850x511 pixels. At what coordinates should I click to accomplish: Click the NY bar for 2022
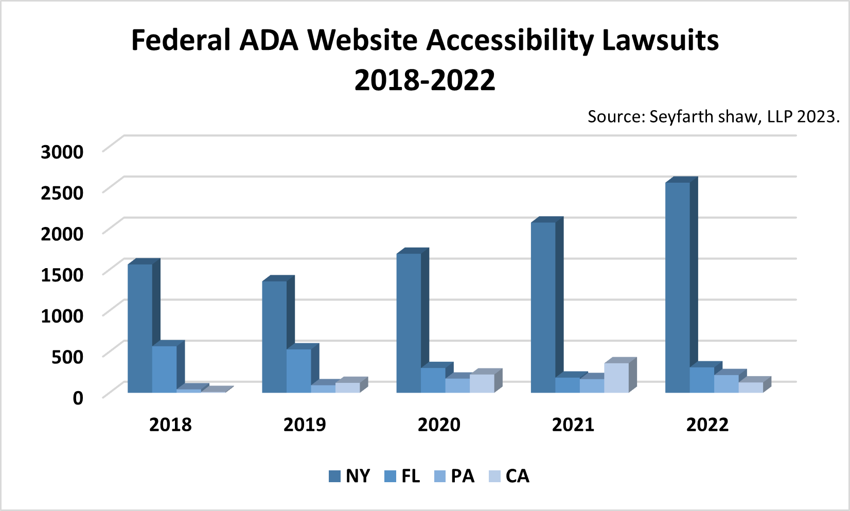[677, 288]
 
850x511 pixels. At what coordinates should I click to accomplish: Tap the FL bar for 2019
[298, 371]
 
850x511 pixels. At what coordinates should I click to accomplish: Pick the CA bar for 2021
[616, 378]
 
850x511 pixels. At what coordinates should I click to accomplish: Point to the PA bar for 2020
[457, 385]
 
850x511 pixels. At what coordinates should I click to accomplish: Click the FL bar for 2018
[164, 369]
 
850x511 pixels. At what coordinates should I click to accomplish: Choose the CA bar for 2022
[751, 387]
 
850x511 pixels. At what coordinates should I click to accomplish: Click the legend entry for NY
[349, 476]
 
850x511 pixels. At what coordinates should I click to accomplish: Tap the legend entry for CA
[509, 476]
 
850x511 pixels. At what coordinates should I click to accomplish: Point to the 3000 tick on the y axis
[62, 152]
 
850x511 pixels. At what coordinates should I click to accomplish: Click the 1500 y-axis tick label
[62, 275]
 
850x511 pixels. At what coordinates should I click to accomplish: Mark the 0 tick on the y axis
[78, 398]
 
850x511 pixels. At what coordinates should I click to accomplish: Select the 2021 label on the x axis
[573, 425]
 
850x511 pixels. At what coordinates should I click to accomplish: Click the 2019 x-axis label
[304, 425]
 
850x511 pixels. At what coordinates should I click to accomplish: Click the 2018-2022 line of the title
[424, 80]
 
